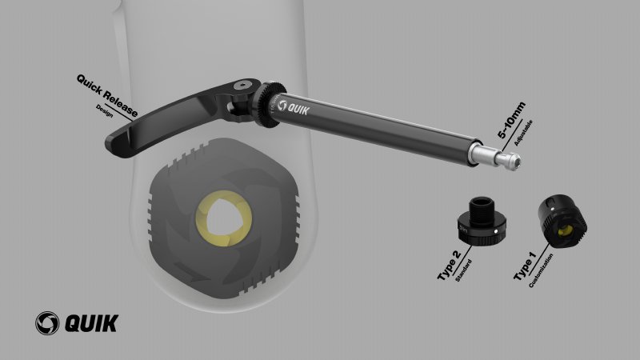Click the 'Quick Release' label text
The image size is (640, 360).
pos(107,95)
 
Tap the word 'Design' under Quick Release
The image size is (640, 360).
pos(105,110)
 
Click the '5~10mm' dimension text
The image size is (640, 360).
pos(511,121)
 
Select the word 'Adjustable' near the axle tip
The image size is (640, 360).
pos(523,133)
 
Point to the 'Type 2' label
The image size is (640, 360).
pos(449,265)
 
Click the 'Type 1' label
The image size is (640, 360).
pos(525,266)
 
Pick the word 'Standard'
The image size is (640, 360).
pos(463,270)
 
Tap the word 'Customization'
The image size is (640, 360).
pos(541,270)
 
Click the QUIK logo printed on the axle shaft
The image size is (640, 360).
pos(293,107)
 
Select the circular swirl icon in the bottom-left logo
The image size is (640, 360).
pos(47,323)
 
